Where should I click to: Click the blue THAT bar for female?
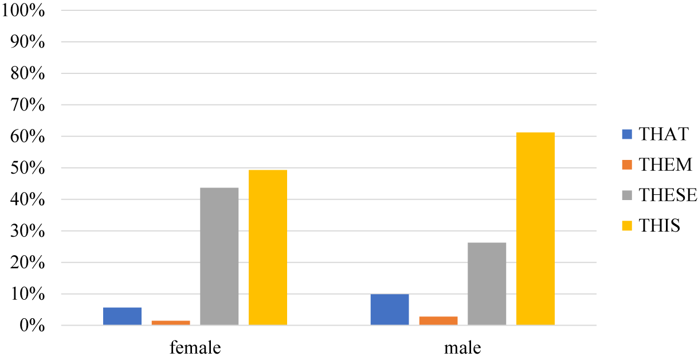[122, 316]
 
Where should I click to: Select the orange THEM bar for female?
[171, 323]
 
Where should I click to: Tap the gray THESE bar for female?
[219, 257]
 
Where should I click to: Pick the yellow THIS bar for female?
[268, 248]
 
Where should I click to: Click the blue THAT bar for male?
[390, 310]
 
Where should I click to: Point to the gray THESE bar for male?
[487, 284]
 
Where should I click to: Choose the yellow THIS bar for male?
[535, 229]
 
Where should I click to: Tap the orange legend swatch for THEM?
[626, 165]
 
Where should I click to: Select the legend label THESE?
[668, 195]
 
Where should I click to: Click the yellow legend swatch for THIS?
[626, 226]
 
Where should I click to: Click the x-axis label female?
[195, 347]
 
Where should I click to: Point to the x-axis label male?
[462, 347]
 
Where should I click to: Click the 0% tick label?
[32, 326]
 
